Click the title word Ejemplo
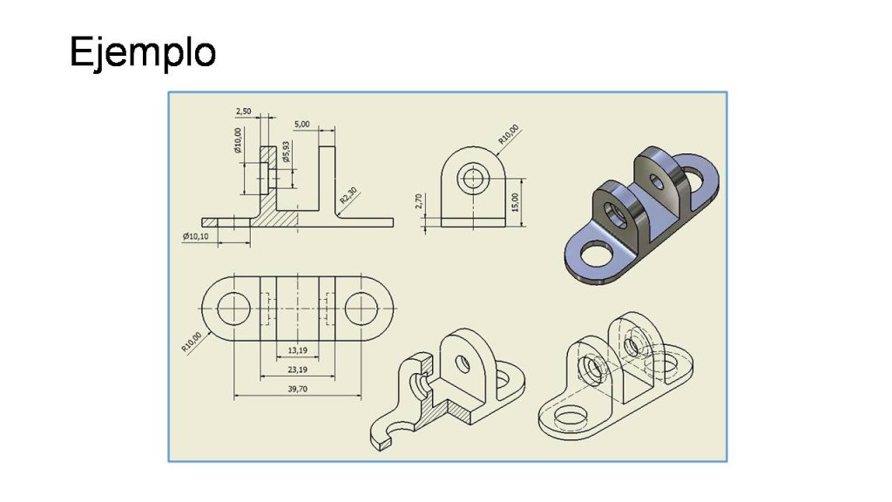coord(143,52)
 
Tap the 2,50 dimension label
coord(243,111)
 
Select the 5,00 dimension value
coord(302,124)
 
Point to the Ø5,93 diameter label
coord(286,152)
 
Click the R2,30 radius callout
coord(348,195)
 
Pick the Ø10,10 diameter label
coord(196,236)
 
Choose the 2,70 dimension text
coord(419,201)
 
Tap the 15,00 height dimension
coord(516,202)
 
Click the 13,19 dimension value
coord(298,350)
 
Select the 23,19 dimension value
coord(298,370)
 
